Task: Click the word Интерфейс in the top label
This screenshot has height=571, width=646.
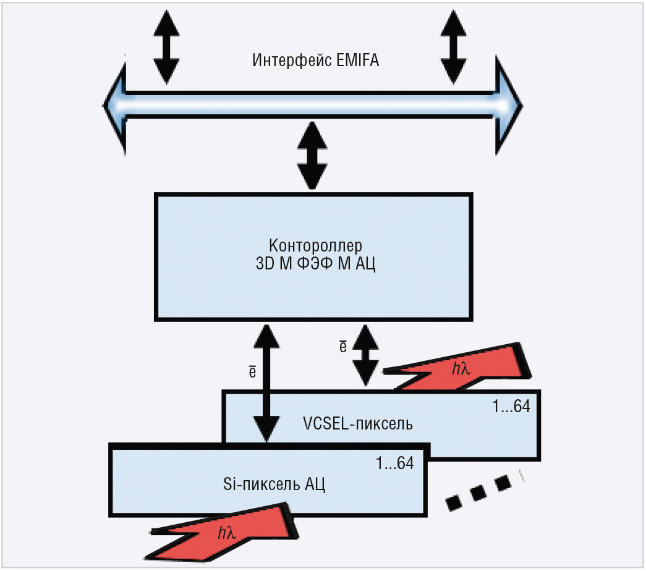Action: [292, 60]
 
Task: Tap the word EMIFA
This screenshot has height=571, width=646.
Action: [357, 60]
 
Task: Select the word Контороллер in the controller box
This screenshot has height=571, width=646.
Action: [316, 245]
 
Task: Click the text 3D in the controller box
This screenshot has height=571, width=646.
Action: [265, 263]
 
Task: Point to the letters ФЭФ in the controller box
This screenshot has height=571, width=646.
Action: [315, 263]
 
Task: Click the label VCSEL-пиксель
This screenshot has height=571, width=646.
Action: [357, 423]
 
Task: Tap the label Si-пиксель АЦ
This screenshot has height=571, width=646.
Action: [274, 484]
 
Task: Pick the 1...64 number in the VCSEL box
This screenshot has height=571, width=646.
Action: [511, 407]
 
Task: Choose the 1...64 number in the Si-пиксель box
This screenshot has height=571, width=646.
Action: [394, 463]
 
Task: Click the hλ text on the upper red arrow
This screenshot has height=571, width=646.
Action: [461, 368]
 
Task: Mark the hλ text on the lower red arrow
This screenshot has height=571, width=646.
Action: [227, 533]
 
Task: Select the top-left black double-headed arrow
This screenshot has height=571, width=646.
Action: [166, 47]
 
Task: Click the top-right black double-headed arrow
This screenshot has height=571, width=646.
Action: [454, 47]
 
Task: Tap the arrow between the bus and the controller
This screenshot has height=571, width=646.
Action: [312, 155]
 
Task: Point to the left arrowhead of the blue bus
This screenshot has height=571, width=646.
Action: [114, 105]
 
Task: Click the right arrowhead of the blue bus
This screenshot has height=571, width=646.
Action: [509, 106]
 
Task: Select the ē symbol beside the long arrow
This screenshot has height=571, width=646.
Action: [253, 371]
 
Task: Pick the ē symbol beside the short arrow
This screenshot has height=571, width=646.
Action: [342, 347]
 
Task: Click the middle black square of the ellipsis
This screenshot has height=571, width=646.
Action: [478, 493]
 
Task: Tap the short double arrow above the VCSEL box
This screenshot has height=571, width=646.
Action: [365, 355]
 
